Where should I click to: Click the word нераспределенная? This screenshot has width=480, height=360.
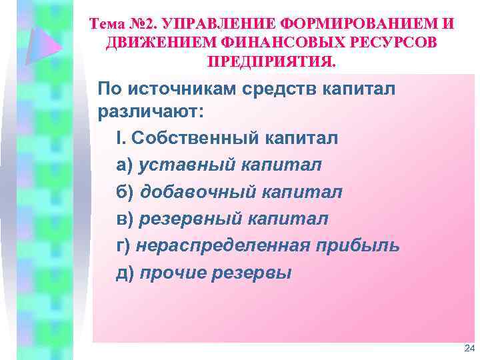(221, 246)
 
